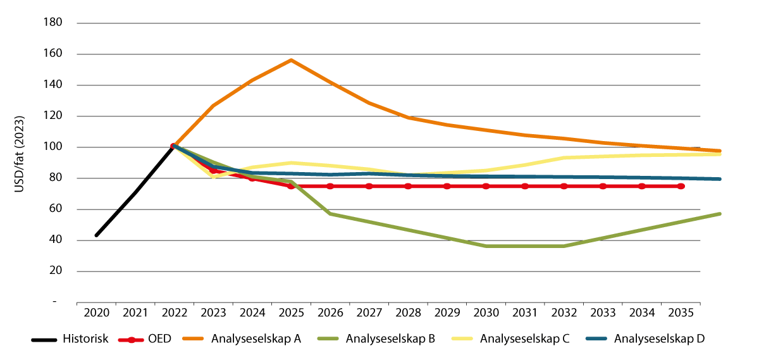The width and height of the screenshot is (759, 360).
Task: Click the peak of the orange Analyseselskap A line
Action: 291,60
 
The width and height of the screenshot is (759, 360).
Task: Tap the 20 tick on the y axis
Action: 55,271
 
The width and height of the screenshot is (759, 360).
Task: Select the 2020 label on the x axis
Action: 96,313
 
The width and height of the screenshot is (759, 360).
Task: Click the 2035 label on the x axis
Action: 681,313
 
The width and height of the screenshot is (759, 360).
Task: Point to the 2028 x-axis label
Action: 408,313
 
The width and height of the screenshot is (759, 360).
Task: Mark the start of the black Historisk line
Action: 96,235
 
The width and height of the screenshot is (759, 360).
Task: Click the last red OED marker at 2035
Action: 681,186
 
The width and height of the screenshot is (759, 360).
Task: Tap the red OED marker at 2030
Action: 486,186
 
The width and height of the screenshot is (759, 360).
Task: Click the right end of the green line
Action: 720,214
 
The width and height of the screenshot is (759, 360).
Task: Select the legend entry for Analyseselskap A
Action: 256,339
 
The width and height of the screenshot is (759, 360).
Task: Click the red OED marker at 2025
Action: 291,186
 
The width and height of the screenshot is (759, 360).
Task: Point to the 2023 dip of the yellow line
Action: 214,177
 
